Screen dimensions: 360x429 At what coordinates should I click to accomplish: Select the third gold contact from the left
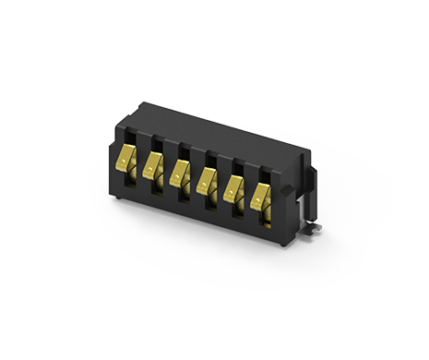point(180,174)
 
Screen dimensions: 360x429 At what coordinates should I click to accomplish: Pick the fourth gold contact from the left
point(208,181)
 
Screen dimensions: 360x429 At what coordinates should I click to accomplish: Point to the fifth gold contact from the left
point(234,188)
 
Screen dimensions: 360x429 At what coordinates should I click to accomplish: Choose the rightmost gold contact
point(262,196)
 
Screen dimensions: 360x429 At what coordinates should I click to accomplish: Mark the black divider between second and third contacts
point(166,174)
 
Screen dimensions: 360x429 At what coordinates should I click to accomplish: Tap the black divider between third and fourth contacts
point(193,181)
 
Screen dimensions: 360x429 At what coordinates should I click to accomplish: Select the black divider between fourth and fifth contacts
point(220,188)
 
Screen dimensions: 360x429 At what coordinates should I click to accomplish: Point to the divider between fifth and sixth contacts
point(247,196)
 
